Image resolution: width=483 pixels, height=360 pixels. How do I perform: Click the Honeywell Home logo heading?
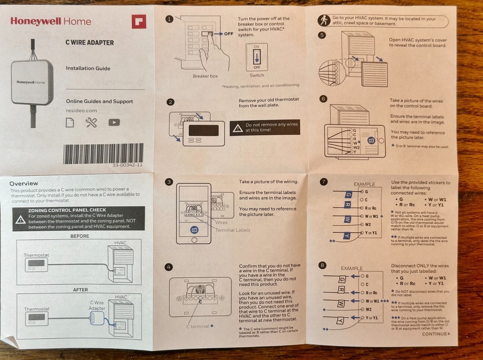click(x=51, y=21)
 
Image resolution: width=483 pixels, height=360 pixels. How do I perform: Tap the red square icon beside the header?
click(x=138, y=22)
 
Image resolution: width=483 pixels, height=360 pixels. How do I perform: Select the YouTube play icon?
click(x=114, y=122)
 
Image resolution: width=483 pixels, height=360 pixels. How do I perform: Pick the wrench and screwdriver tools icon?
click(x=92, y=122)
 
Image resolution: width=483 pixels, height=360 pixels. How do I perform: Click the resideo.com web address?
click(x=81, y=110)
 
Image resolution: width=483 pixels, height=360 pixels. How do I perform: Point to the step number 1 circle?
click(x=170, y=19)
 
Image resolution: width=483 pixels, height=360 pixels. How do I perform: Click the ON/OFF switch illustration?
click(x=257, y=57)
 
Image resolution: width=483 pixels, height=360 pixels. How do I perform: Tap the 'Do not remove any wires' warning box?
click(x=265, y=127)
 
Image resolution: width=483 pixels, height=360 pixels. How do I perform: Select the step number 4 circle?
click(x=170, y=267)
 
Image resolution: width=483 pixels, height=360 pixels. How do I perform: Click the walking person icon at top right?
click(x=324, y=21)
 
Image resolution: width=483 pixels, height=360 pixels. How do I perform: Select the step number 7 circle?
click(x=324, y=181)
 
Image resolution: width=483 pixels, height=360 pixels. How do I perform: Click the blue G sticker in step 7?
click(x=347, y=194)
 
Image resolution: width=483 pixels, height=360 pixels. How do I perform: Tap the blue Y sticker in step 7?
click(x=347, y=235)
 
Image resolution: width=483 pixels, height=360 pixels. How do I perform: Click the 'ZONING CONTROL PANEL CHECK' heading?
click(x=73, y=210)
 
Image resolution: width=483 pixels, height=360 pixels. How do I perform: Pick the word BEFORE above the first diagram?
click(x=79, y=236)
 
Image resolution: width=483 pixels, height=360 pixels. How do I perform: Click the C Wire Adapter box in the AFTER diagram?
click(x=96, y=317)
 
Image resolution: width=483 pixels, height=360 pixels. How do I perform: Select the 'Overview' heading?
click(x=24, y=183)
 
